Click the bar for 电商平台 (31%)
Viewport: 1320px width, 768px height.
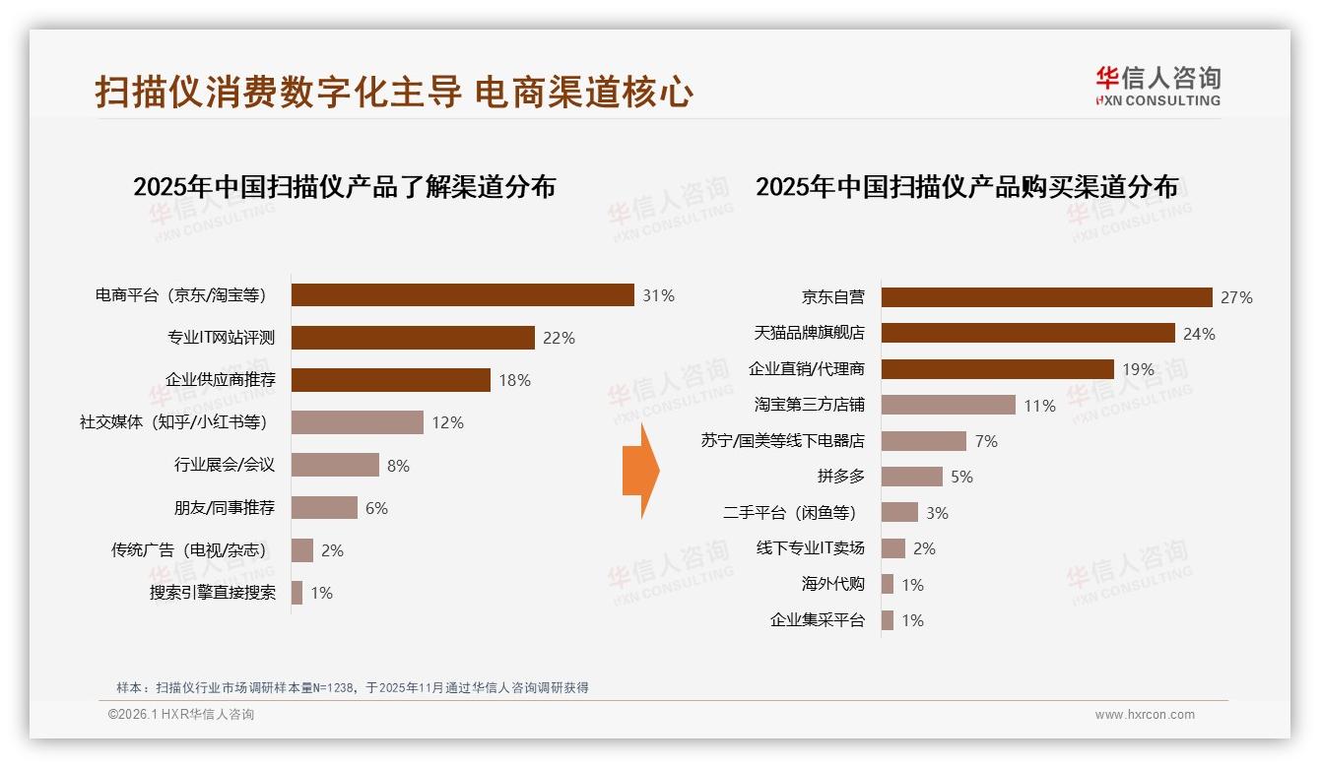point(462,294)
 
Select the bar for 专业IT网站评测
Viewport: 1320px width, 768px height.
point(413,338)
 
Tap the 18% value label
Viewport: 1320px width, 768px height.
point(514,380)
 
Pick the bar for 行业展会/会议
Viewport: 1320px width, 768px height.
point(335,465)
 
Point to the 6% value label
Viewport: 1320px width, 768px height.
point(376,508)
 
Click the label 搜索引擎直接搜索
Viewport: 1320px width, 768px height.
point(213,593)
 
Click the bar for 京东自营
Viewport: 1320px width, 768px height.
point(1046,297)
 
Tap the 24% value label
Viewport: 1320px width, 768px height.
point(1199,334)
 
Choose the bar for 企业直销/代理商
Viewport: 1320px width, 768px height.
point(997,369)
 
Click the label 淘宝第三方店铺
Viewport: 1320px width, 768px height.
point(810,405)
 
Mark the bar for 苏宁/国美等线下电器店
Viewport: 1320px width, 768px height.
point(923,441)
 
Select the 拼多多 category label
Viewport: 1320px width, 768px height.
point(840,477)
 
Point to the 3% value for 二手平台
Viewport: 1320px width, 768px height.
point(937,513)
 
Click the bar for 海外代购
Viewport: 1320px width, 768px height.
point(887,584)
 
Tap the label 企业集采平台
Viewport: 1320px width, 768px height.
point(817,620)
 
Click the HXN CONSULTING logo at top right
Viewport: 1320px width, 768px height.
point(1157,86)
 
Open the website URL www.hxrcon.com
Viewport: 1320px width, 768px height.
point(1145,715)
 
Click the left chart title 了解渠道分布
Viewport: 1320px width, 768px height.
point(344,186)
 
